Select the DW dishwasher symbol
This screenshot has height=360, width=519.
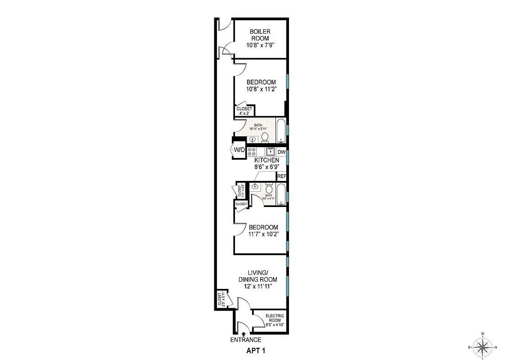pyautogui.click(x=282, y=152)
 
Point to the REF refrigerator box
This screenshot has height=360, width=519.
pyautogui.click(x=282, y=176)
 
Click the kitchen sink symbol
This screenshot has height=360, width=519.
pyautogui.click(x=270, y=152)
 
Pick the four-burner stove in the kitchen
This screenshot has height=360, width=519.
pyautogui.click(x=252, y=152)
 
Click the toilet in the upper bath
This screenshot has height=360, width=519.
pyautogui.click(x=265, y=137)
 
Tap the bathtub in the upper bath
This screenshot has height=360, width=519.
pyautogui.click(x=281, y=131)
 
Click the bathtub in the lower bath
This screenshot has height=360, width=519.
pyautogui.click(x=281, y=194)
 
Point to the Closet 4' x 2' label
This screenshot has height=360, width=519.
pyautogui.click(x=244, y=111)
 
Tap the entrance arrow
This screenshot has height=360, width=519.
pyautogui.click(x=244, y=334)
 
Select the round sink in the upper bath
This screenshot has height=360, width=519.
pyautogui.click(x=252, y=139)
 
